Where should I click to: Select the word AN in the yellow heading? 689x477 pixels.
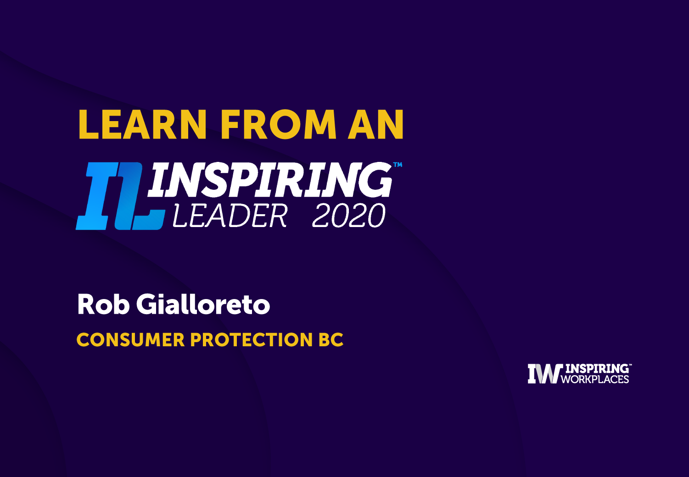pyautogui.click(x=375, y=124)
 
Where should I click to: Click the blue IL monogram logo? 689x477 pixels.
pyautogui.click(x=121, y=196)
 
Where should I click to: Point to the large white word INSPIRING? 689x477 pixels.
pyautogui.click(x=270, y=180)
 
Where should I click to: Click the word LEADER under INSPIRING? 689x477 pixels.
pyautogui.click(x=230, y=216)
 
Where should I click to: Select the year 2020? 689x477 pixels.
pyautogui.click(x=349, y=216)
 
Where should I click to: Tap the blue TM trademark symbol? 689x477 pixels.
pyautogui.click(x=398, y=165)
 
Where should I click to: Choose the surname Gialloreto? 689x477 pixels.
pyautogui.click(x=203, y=305)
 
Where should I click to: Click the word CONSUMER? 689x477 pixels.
pyautogui.click(x=130, y=339)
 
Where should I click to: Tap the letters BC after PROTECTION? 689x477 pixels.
pyautogui.click(x=331, y=339)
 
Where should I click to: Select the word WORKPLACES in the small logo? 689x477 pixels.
pyautogui.click(x=595, y=379)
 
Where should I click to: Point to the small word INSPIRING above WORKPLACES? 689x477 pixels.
pyautogui.click(x=597, y=369)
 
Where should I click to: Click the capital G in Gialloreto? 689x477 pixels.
pyautogui.click(x=147, y=305)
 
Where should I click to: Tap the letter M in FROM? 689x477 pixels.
pyautogui.click(x=320, y=124)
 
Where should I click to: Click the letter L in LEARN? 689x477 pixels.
pyautogui.click(x=89, y=124)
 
